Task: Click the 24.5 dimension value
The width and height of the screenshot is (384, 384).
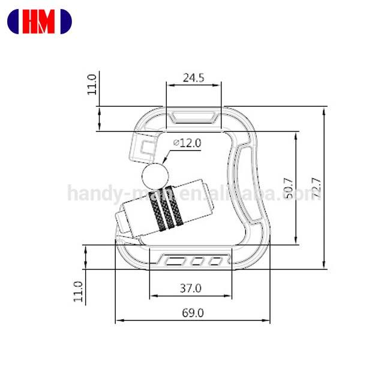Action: coord(193,78)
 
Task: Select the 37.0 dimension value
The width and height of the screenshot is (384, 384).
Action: coord(191,288)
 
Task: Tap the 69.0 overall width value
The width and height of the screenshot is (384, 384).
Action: coord(193,313)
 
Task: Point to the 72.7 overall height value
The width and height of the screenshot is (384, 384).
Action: coord(316,188)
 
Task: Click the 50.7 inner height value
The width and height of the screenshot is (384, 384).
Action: coord(289,188)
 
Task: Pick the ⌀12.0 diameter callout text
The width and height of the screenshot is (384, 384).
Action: coord(187,143)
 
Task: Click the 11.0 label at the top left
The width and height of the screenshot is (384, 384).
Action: coord(92,85)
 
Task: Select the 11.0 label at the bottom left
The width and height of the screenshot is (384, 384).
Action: coord(79,292)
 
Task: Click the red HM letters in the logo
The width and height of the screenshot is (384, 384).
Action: coord(39,22)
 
